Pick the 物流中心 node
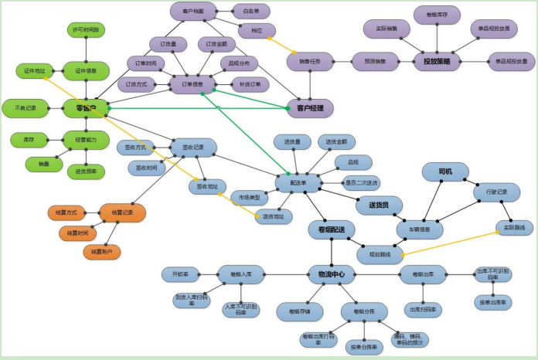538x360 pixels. pyautogui.click(x=331, y=273)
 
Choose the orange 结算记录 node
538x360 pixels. pyautogui.click(x=123, y=212)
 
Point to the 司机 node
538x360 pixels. pyautogui.click(x=446, y=171)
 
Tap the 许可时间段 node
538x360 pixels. pyautogui.click(x=87, y=29)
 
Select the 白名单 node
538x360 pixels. pyautogui.click(x=251, y=11)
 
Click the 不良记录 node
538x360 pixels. pyautogui.click(x=26, y=108)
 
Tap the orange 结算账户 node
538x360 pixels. pyautogui.click(x=102, y=251)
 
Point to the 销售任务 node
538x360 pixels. pyautogui.click(x=310, y=61)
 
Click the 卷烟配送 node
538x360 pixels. pyautogui.click(x=331, y=229)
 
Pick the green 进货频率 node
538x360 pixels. pyautogui.click(x=86, y=171)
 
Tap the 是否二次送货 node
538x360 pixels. pyautogui.click(x=361, y=183)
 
